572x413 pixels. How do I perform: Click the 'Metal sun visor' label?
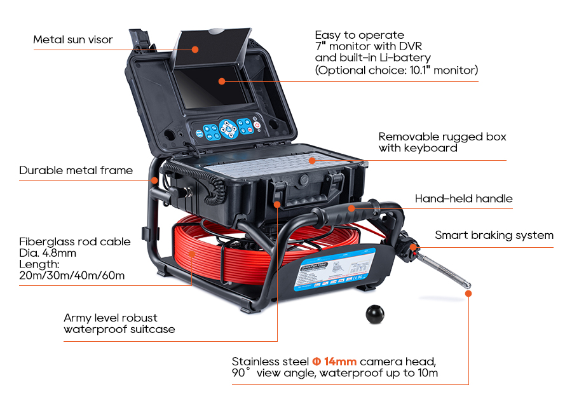click(x=73, y=40)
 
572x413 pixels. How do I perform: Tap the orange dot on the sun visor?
click(x=196, y=49)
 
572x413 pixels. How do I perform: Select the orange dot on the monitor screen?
click(x=221, y=81)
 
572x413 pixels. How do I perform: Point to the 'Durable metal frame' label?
click(x=76, y=170)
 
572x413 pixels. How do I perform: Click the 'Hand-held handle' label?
click(x=463, y=199)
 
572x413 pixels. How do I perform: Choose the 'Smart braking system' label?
click(x=494, y=235)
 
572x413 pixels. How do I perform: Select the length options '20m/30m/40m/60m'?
click(x=72, y=275)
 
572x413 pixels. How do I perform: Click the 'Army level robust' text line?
click(x=111, y=318)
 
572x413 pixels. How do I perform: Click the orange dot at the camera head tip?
click(x=468, y=294)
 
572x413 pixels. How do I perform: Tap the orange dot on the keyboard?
click(x=311, y=160)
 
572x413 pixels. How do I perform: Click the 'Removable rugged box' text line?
click(x=442, y=137)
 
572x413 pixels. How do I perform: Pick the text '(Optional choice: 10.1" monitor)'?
click(x=397, y=70)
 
